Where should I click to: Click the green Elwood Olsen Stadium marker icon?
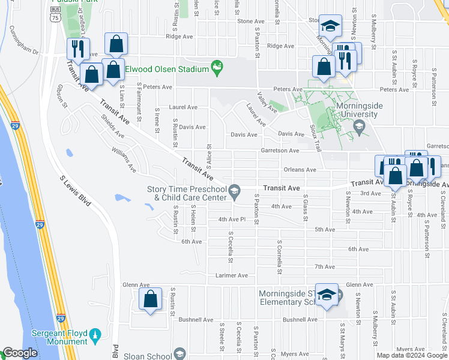click(218, 68)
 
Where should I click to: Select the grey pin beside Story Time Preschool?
click(235, 191)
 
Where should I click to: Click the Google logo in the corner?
click(20, 353)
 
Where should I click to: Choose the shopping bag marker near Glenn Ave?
click(150, 299)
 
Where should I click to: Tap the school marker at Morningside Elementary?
click(327, 295)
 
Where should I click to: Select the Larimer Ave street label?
click(232, 276)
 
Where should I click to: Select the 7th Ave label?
click(324, 266)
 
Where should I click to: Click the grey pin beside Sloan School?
click(178, 356)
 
